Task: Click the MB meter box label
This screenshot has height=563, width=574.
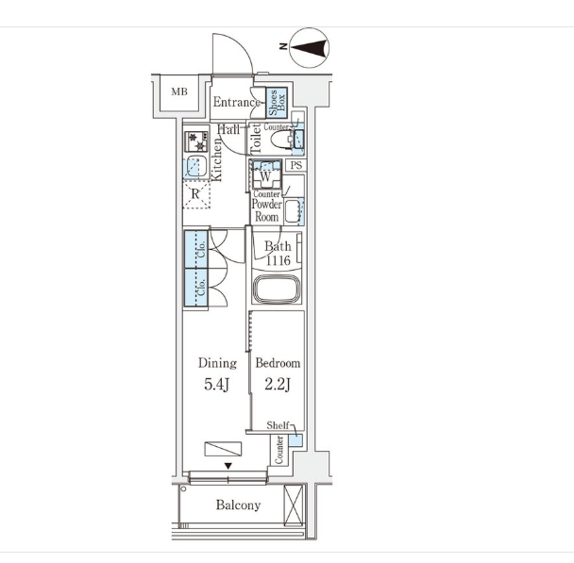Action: pos(179,91)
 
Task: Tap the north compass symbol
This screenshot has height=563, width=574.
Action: pos(309,47)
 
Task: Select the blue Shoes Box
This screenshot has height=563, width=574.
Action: pos(277,103)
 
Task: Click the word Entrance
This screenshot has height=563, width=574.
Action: pos(236,102)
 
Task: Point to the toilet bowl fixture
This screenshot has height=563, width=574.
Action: pos(282,140)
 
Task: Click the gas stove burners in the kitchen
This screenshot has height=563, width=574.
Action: pos(196,141)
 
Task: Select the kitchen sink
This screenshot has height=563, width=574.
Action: pos(195,167)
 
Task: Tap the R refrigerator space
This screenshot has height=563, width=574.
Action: pos(196,193)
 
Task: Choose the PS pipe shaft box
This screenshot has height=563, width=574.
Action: pos(296,165)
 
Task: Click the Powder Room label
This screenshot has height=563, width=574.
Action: pos(267,210)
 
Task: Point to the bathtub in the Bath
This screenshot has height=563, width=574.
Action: pos(278,289)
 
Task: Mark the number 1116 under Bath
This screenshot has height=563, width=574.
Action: pos(279,260)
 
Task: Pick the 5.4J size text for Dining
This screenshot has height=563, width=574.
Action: pos(217,384)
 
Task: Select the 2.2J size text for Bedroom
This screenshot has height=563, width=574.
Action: pos(278,384)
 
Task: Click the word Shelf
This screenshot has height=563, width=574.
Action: pos(278,425)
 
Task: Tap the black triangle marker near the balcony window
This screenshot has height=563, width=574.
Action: pos(228,466)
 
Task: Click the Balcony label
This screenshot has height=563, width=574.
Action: pos(238,505)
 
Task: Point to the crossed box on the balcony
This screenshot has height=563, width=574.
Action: pos(294,505)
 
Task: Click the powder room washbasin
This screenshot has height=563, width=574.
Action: pos(295,211)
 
